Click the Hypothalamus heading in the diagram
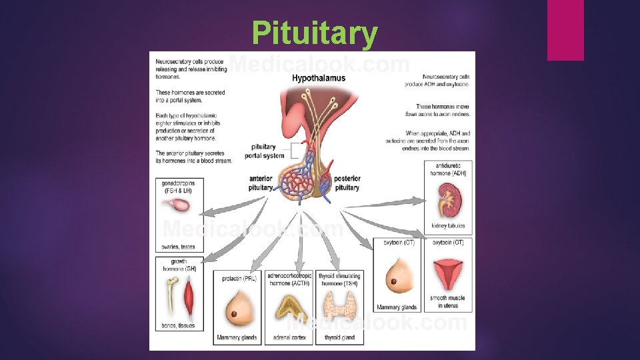coord(319,78)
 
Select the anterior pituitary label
coord(261,183)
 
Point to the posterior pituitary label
coord(347,183)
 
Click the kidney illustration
coord(447,199)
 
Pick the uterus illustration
coord(447,274)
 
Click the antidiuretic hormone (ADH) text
coord(447,169)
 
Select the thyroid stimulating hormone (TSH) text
coord(339,279)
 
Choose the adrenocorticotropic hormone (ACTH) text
coord(288,279)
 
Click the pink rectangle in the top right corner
coord(565,30)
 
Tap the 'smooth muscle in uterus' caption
coord(447,302)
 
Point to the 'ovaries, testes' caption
coord(179,247)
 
